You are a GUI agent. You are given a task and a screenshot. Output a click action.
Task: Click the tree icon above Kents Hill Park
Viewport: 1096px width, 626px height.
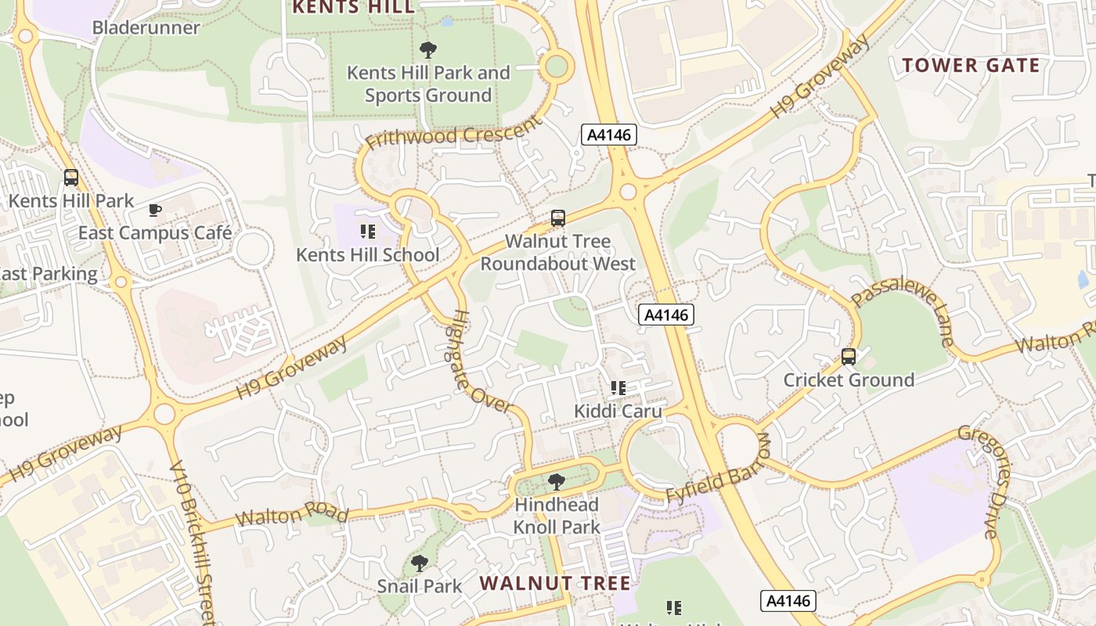point(427,51)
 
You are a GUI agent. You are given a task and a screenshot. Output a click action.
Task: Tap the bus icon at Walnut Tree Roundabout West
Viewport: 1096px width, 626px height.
point(557,218)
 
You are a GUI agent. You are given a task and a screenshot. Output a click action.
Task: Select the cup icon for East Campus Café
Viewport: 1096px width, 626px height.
point(155,210)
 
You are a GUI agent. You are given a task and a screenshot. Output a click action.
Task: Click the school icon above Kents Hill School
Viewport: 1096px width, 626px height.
point(368,232)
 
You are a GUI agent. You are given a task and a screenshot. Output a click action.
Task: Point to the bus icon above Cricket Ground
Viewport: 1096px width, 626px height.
point(849,358)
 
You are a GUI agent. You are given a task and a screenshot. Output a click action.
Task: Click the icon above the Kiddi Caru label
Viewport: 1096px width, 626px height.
point(618,388)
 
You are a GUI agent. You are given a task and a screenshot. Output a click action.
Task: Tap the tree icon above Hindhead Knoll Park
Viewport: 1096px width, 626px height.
point(557,482)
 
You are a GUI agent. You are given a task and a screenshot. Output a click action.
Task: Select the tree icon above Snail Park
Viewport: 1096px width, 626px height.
point(420,563)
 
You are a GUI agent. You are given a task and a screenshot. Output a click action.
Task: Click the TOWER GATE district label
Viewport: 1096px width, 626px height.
point(971,65)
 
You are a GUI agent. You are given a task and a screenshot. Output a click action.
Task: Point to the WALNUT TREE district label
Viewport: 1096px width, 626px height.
point(555,583)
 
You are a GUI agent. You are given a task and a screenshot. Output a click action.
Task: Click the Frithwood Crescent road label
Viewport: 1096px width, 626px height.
point(453,134)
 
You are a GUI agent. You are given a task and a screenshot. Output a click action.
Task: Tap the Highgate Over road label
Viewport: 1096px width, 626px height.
point(480,362)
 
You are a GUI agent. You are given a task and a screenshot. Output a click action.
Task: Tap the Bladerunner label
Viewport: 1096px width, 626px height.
point(146,28)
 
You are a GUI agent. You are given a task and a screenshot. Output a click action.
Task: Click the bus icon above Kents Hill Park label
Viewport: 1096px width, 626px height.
point(71,178)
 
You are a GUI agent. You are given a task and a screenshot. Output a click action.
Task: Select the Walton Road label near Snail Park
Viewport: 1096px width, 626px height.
point(291,515)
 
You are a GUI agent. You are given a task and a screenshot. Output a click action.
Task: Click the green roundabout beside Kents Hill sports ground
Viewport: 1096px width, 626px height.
point(556,67)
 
